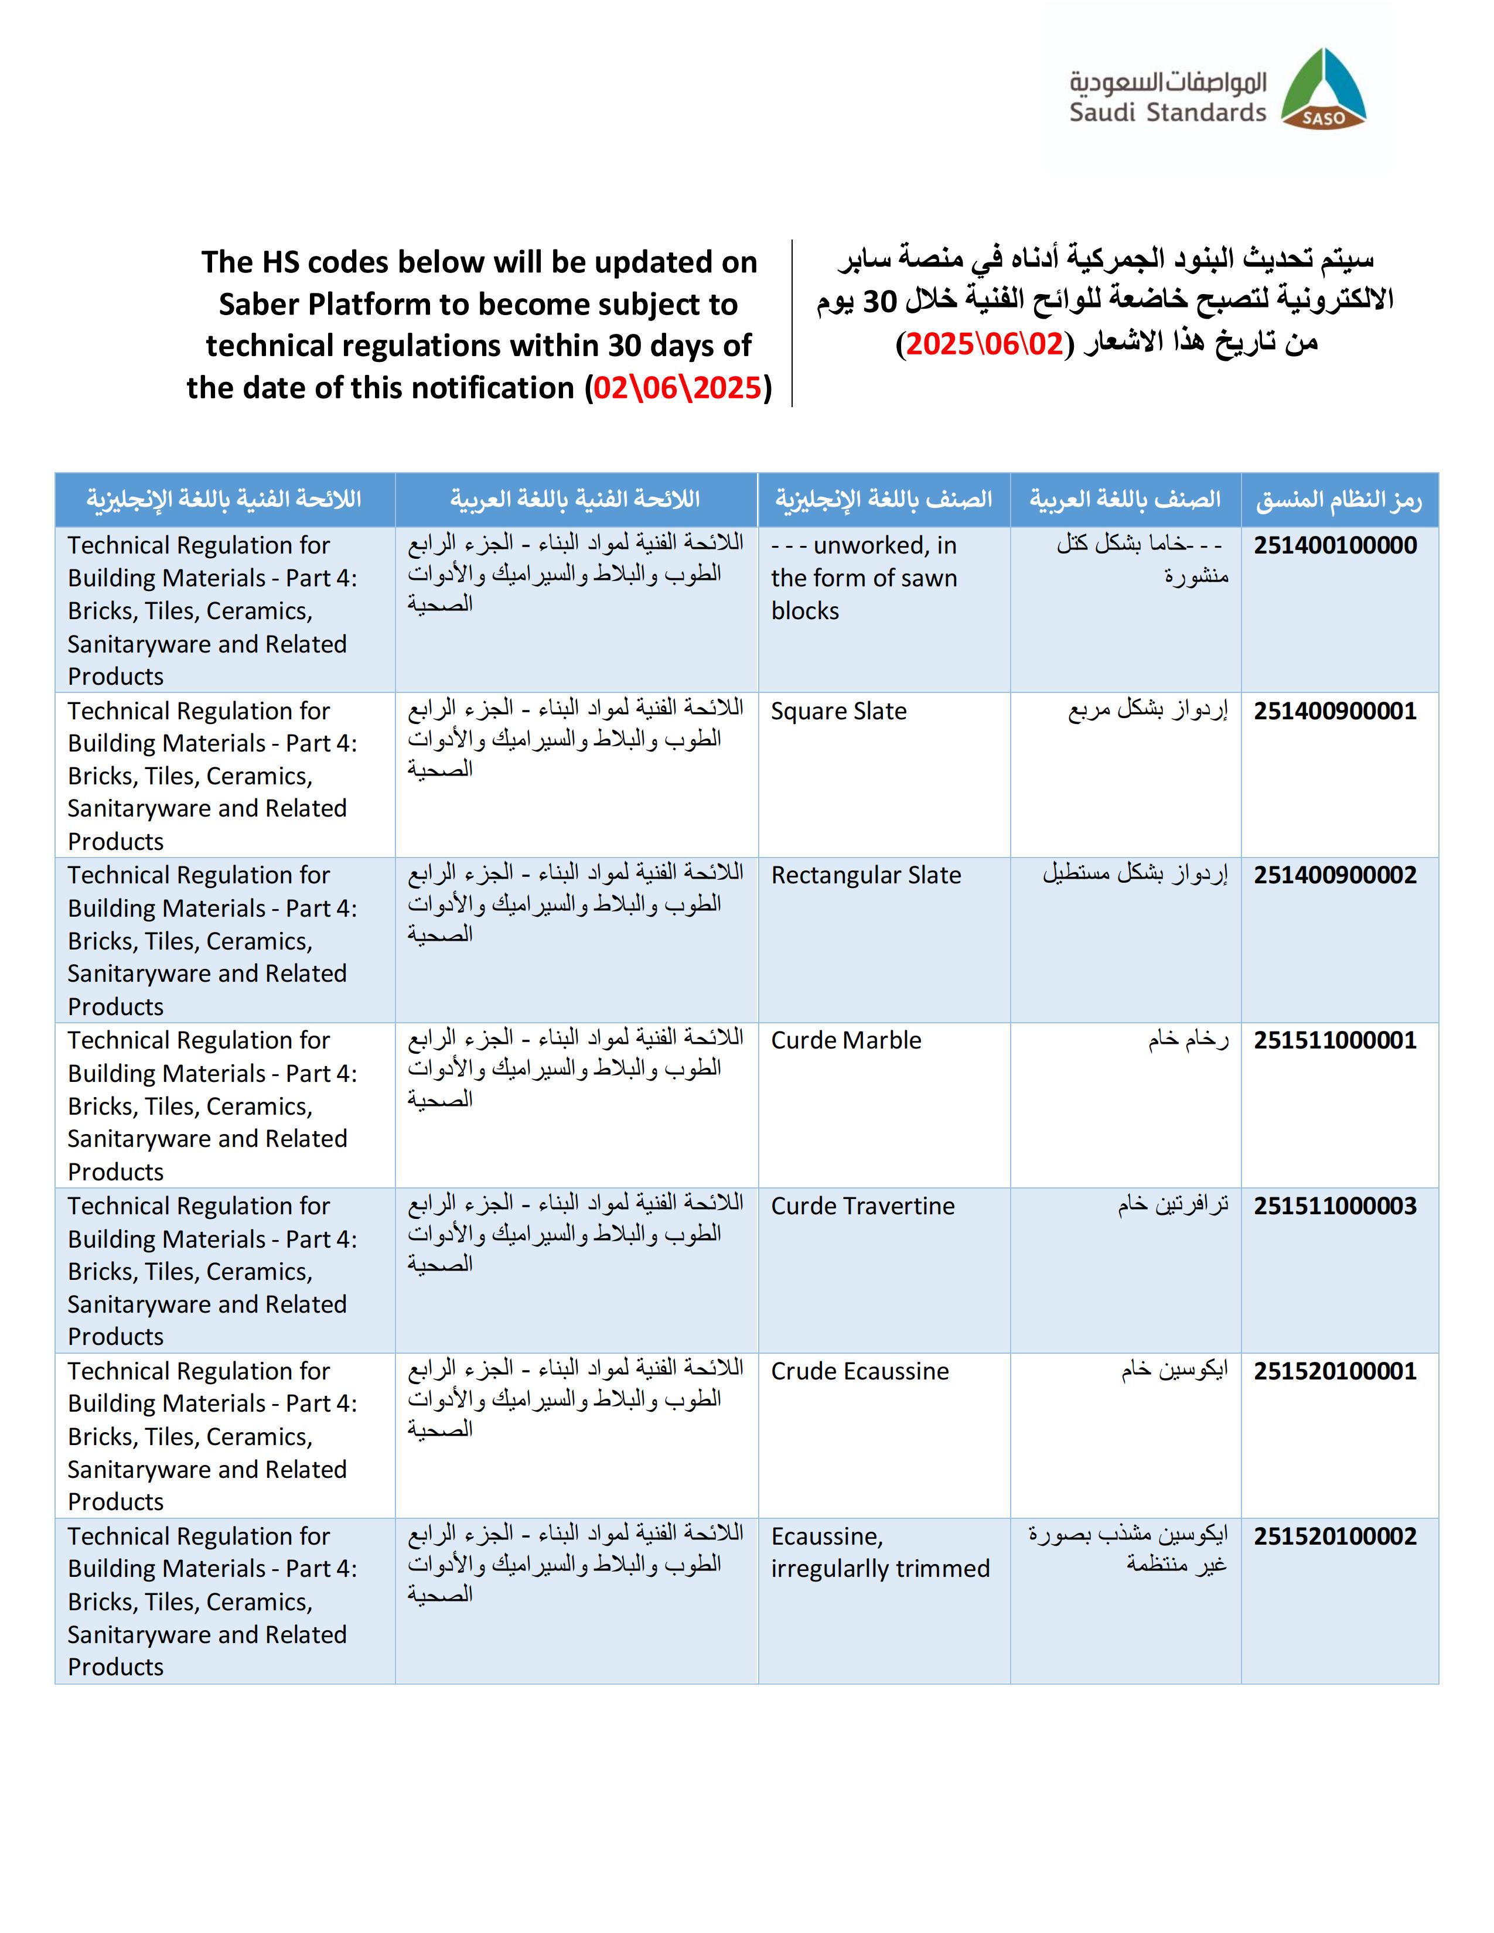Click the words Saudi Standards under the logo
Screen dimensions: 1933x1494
pos(1168,112)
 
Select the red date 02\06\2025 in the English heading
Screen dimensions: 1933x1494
pos(677,388)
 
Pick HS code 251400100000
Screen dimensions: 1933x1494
pos(1335,545)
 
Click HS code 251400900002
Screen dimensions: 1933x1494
pos(1335,875)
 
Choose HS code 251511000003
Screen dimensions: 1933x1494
pos(1335,1205)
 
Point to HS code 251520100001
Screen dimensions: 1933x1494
pos(1335,1371)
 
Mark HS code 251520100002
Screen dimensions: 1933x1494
pos(1335,1536)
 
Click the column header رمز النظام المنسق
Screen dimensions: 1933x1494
pos(1338,500)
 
